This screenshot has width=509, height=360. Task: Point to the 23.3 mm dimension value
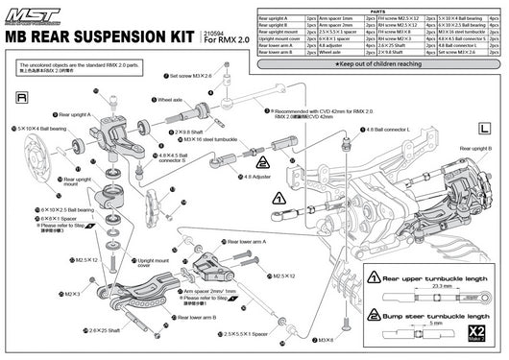415,286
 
